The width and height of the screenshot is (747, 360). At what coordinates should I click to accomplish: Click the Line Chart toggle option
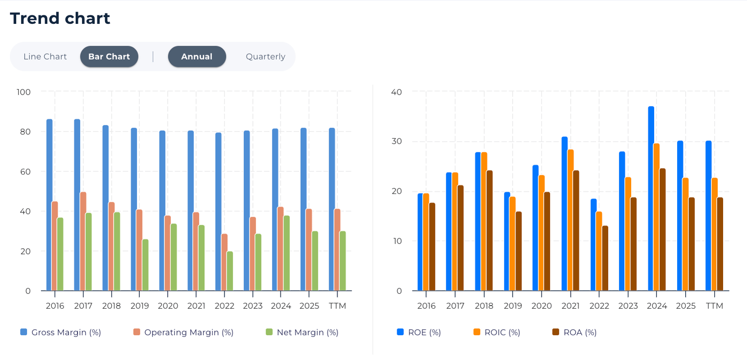pyautogui.click(x=45, y=57)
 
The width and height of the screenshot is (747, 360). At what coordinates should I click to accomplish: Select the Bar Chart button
pyautogui.click(x=109, y=57)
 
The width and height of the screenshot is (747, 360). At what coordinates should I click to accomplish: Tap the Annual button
pyautogui.click(x=197, y=57)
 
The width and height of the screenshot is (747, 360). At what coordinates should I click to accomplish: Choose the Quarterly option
pyautogui.click(x=266, y=57)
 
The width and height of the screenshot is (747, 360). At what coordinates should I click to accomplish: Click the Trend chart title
pyautogui.click(x=60, y=18)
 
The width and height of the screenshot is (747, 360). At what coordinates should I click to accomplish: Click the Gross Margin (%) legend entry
pyautogui.click(x=60, y=333)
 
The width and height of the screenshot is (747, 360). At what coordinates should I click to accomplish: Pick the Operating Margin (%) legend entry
pyautogui.click(x=183, y=333)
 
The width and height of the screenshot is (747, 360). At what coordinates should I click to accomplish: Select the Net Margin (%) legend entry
pyautogui.click(x=302, y=333)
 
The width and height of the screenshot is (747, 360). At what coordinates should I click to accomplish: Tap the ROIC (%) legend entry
pyautogui.click(x=497, y=333)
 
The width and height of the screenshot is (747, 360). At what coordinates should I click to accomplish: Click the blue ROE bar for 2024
pyautogui.click(x=651, y=198)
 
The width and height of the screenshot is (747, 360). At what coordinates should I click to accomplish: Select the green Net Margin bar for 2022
pyautogui.click(x=230, y=271)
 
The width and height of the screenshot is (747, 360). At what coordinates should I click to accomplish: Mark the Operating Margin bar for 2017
pyautogui.click(x=83, y=241)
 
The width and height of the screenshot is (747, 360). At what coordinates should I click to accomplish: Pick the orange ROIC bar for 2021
pyautogui.click(x=570, y=220)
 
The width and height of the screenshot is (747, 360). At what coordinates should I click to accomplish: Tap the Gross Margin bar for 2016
pyautogui.click(x=50, y=205)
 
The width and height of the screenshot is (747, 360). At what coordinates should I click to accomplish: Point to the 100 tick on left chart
pyautogui.click(x=23, y=92)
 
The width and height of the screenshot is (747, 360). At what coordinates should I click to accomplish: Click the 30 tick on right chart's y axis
pyautogui.click(x=396, y=141)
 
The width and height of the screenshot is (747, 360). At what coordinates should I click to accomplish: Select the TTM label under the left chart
pyautogui.click(x=337, y=306)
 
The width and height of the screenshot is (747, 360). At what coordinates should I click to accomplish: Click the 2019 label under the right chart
pyautogui.click(x=513, y=306)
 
